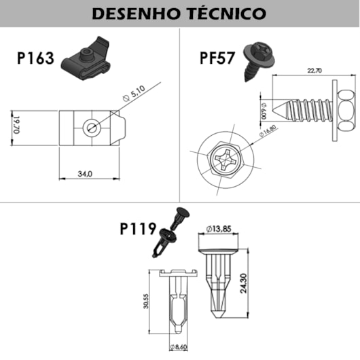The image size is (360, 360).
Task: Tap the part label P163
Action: point(35,58)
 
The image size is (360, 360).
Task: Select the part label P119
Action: point(139,229)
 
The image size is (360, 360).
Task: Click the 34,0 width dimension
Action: point(84,175)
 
